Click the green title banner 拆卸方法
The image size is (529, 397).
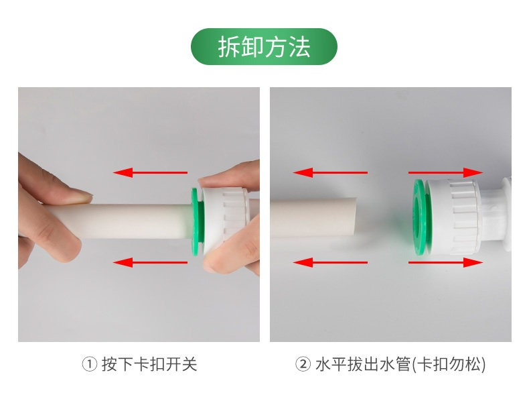(x=264, y=47)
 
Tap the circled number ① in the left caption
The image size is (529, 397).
(x=90, y=364)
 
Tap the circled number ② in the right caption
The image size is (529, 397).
(x=303, y=364)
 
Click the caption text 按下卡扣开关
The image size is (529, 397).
(x=149, y=364)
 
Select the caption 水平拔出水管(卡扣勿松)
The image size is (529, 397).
(x=400, y=364)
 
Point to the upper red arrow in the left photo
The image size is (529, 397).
(x=150, y=172)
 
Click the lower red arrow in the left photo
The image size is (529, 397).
(x=150, y=262)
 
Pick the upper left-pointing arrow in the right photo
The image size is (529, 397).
(x=330, y=172)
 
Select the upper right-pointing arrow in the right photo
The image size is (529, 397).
(x=446, y=172)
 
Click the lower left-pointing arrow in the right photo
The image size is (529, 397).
(x=330, y=262)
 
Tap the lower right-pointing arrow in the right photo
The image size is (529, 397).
(x=446, y=262)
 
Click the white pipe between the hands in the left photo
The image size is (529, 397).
(x=135, y=221)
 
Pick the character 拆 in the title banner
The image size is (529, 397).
(x=229, y=47)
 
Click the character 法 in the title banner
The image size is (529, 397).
(x=299, y=47)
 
